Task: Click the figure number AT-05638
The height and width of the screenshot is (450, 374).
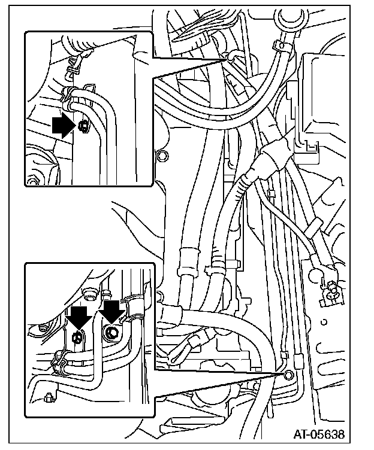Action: pos(319,434)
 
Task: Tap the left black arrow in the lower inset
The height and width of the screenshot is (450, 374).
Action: pos(79,317)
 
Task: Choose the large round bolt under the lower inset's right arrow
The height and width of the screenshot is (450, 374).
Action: pos(111,333)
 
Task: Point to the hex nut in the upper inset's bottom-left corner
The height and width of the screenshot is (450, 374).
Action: pos(31,181)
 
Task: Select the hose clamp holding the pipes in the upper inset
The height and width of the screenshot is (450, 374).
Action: pos(68,98)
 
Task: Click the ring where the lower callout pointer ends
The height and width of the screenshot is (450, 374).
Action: pos(288,374)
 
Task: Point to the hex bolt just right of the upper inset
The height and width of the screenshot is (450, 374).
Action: pos(162,156)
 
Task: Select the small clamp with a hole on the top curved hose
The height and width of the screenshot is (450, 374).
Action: pos(280,45)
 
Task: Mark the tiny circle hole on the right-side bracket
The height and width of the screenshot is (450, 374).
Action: pos(324,322)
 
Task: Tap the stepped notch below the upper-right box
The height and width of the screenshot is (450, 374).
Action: pos(311,146)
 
